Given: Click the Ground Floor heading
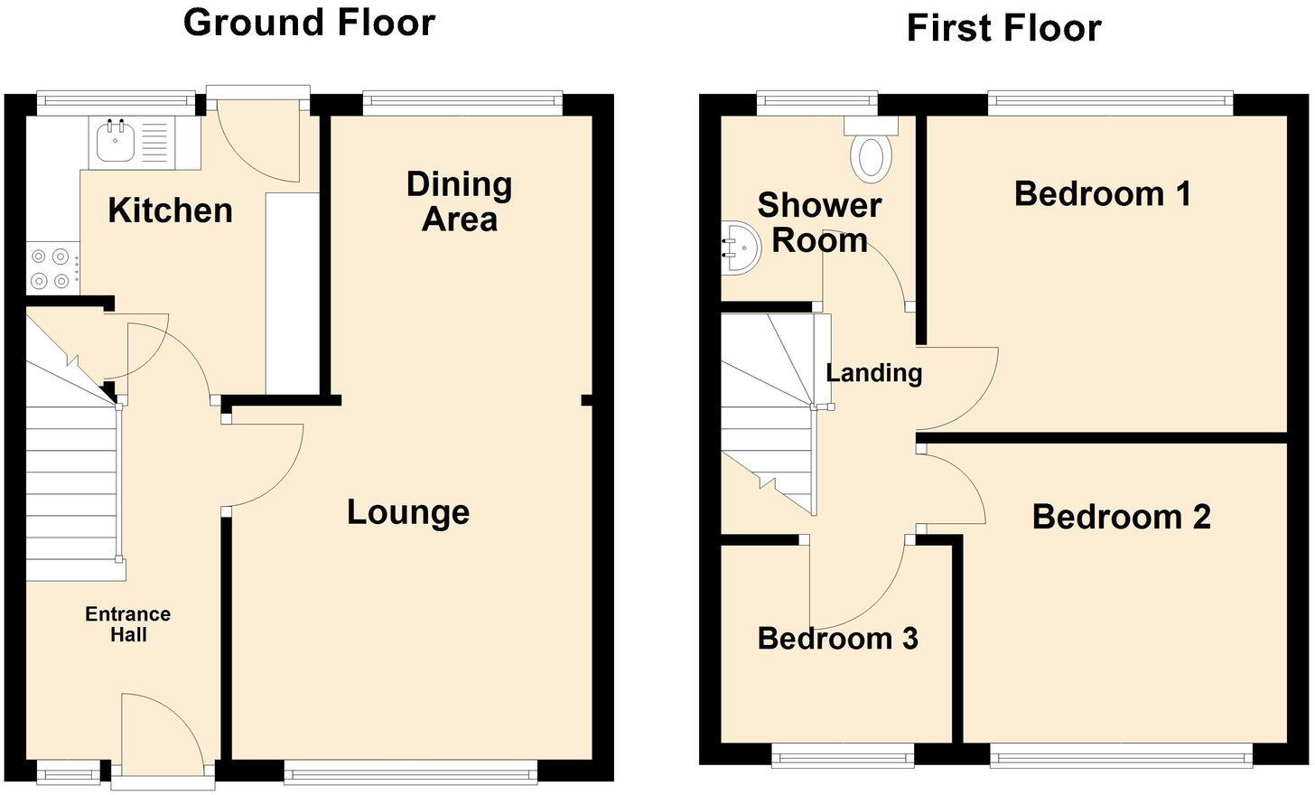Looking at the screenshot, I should pyautogui.click(x=309, y=23).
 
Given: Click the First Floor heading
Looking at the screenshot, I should pyautogui.click(x=1003, y=28).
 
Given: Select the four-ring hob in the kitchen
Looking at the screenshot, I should pyautogui.click(x=50, y=268).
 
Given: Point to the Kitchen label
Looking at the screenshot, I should pyautogui.click(x=170, y=210).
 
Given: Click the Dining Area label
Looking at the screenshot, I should pyautogui.click(x=460, y=201).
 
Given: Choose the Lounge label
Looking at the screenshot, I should pyautogui.click(x=408, y=512).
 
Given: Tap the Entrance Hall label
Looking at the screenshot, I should pyautogui.click(x=128, y=624).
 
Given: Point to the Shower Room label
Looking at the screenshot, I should pyautogui.click(x=818, y=222).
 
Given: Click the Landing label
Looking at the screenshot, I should pyautogui.click(x=873, y=372).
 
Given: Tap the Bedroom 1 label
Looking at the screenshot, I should pyautogui.click(x=1102, y=193).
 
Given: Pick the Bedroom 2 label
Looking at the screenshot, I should pyautogui.click(x=1121, y=517).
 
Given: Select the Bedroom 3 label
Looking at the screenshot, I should pyautogui.click(x=837, y=639).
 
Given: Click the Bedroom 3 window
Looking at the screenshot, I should pyautogui.click(x=843, y=754).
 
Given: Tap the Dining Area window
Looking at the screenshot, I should pyautogui.click(x=462, y=102).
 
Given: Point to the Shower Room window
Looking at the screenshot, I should pyautogui.click(x=817, y=102).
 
